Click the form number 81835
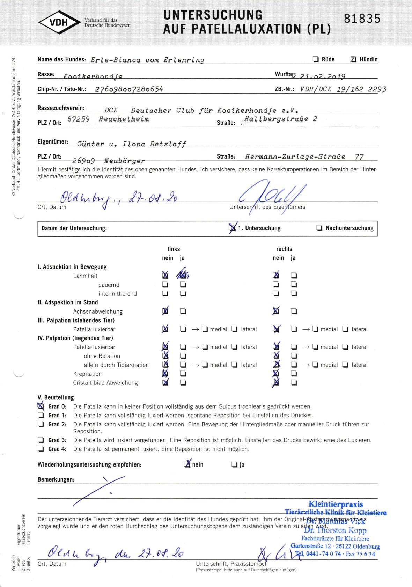(362, 19)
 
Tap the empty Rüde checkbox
(316, 59)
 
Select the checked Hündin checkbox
(353, 60)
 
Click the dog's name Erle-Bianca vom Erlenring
(147, 60)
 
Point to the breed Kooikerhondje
(93, 77)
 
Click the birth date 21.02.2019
(322, 77)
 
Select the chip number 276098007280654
(129, 89)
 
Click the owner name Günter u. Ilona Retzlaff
(132, 144)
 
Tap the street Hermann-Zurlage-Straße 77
(304, 157)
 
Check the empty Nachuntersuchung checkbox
(319, 228)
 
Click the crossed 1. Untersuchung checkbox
(232, 228)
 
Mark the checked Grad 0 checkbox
(41, 406)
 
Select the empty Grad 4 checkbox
(41, 449)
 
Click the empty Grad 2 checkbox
(41, 425)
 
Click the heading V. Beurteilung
(56, 397)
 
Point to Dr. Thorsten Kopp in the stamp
(335, 530)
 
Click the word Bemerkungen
(56, 479)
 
